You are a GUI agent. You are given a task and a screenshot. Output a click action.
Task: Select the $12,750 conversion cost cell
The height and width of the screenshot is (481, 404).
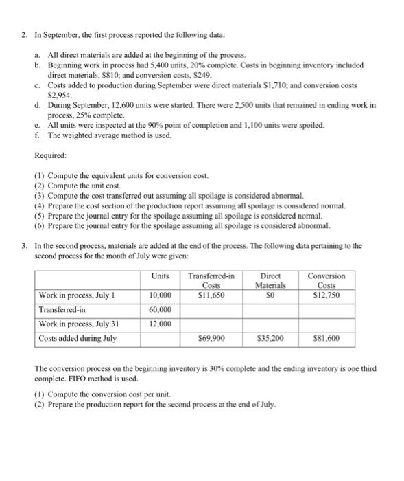(327, 295)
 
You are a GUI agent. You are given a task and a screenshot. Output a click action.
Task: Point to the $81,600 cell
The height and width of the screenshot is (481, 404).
(327, 338)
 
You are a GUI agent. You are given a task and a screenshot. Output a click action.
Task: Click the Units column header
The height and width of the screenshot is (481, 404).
(159, 276)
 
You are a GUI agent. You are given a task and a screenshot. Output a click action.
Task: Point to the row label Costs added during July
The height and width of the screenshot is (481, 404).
(78, 338)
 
